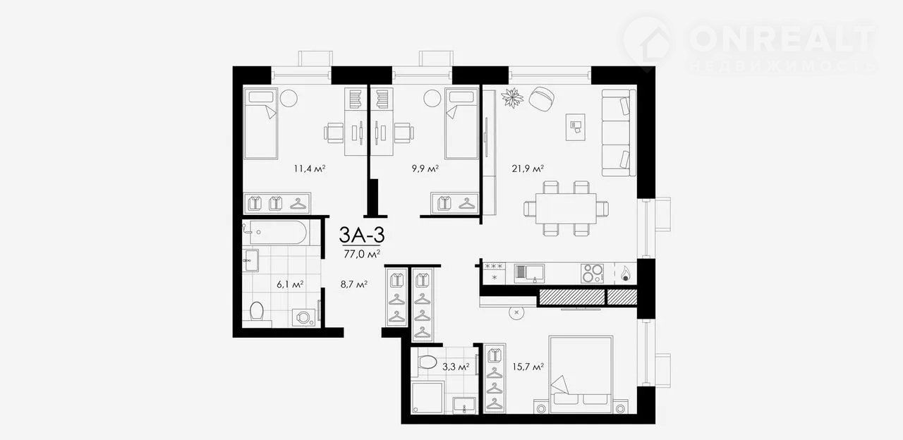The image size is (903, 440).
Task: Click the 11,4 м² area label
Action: click(x=310, y=169)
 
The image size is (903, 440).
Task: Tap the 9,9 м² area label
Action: click(x=425, y=169)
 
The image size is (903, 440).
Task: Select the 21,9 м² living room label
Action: click(x=528, y=169)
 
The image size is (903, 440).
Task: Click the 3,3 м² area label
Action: click(x=456, y=367)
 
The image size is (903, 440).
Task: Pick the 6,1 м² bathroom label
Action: click(x=290, y=284)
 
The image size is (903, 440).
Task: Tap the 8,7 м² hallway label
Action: click(x=354, y=284)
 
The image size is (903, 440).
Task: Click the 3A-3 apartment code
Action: click(x=362, y=235)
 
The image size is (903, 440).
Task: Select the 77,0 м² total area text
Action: click(x=362, y=254)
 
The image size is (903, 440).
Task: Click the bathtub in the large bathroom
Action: click(x=276, y=233)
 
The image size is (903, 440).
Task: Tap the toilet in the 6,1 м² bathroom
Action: click(x=256, y=312)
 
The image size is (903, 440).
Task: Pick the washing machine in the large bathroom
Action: click(x=304, y=318)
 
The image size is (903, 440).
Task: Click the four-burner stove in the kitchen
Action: click(x=592, y=273)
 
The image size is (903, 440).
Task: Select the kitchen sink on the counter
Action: click(x=529, y=273)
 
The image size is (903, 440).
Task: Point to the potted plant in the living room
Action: click(x=512, y=97)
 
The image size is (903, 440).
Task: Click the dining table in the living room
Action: click(x=566, y=208)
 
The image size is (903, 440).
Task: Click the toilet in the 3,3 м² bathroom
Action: click(x=427, y=362)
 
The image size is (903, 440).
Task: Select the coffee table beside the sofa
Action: click(x=575, y=127)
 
